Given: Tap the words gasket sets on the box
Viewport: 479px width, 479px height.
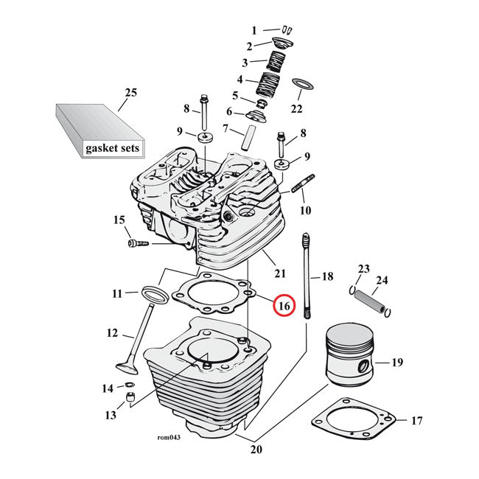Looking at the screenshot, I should (111, 148).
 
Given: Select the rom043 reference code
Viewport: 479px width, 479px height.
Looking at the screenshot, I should (169, 436).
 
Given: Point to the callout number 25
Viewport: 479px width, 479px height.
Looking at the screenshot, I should (131, 93).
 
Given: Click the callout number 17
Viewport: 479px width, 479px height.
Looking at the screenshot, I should (417, 422).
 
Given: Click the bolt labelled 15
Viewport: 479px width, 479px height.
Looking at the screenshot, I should (139, 242).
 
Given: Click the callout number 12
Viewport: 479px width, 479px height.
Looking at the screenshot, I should (112, 333).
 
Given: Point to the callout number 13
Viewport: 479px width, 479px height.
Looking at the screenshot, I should (110, 416).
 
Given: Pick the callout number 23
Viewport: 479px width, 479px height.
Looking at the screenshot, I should (363, 268).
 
